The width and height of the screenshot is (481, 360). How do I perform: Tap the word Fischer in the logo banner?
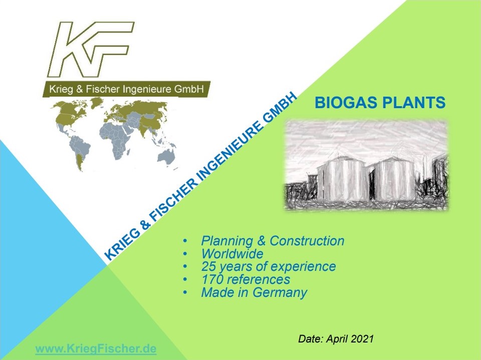(x=103, y=89)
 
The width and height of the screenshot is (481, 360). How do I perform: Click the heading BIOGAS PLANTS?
(x=380, y=103)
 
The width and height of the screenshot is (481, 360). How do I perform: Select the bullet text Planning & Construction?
(x=273, y=241)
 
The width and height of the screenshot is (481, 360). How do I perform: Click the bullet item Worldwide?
(x=232, y=254)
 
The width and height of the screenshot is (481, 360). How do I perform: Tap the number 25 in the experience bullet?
(x=208, y=266)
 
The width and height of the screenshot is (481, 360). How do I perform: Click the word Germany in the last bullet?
(x=280, y=293)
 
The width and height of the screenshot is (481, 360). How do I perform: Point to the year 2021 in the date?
(x=362, y=339)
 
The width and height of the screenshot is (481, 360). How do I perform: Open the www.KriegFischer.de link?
(x=96, y=349)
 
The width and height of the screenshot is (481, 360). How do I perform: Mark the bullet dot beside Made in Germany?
(x=185, y=292)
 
